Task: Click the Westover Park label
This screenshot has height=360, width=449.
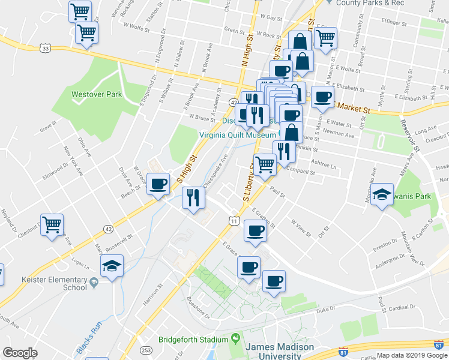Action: pyautogui.click(x=97, y=94)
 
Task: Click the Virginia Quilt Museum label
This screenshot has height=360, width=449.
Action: pyautogui.click(x=238, y=136)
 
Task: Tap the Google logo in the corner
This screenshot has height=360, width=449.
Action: pyautogui.click(x=20, y=353)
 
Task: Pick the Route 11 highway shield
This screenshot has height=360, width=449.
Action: pyautogui.click(x=234, y=221)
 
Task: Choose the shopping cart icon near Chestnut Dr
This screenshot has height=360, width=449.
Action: pyautogui.click(x=52, y=225)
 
